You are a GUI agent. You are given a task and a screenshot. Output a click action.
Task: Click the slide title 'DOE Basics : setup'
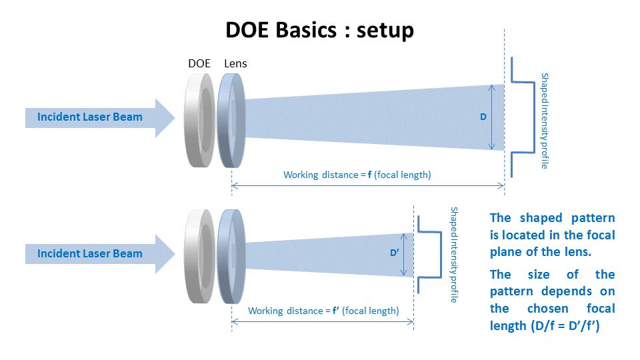[x=319, y=30]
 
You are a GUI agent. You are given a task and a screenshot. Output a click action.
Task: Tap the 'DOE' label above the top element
[x=199, y=63]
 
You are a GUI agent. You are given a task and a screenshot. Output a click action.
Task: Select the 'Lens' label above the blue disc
[x=235, y=63]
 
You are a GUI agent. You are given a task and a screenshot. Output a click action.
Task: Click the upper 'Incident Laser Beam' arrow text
[x=90, y=117]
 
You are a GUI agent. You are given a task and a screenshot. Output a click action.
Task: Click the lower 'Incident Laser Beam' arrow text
[x=90, y=253]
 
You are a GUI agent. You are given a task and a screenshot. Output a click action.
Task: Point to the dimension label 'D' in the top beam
[x=483, y=117]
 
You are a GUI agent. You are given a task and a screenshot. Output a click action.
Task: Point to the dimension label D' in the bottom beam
[x=394, y=253]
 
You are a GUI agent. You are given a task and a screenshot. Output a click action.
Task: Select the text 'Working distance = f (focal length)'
[x=357, y=175]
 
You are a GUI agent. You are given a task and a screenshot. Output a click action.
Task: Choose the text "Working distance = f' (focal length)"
[x=323, y=311]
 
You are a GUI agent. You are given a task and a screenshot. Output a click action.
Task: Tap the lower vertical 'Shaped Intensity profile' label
[x=454, y=255]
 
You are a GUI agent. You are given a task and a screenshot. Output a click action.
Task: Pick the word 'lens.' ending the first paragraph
[x=577, y=251]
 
